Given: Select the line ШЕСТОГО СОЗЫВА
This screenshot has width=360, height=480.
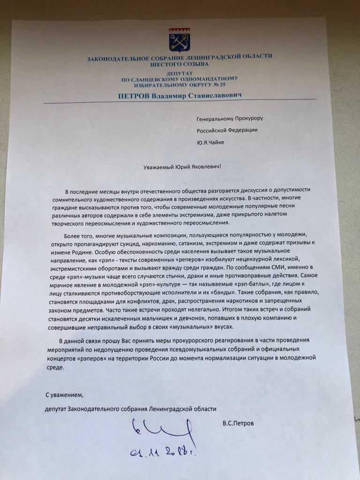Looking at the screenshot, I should point(179,64).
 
